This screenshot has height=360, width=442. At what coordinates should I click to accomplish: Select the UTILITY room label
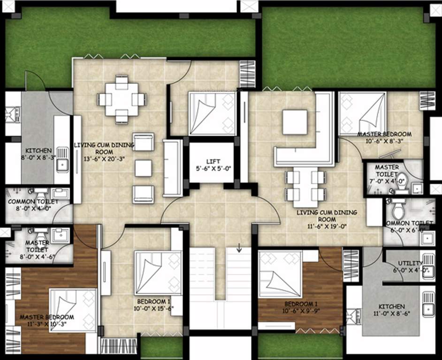tap(410, 263)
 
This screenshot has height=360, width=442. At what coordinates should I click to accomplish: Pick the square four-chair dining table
tap(122, 99)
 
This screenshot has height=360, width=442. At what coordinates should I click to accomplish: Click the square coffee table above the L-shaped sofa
tap(295, 122)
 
